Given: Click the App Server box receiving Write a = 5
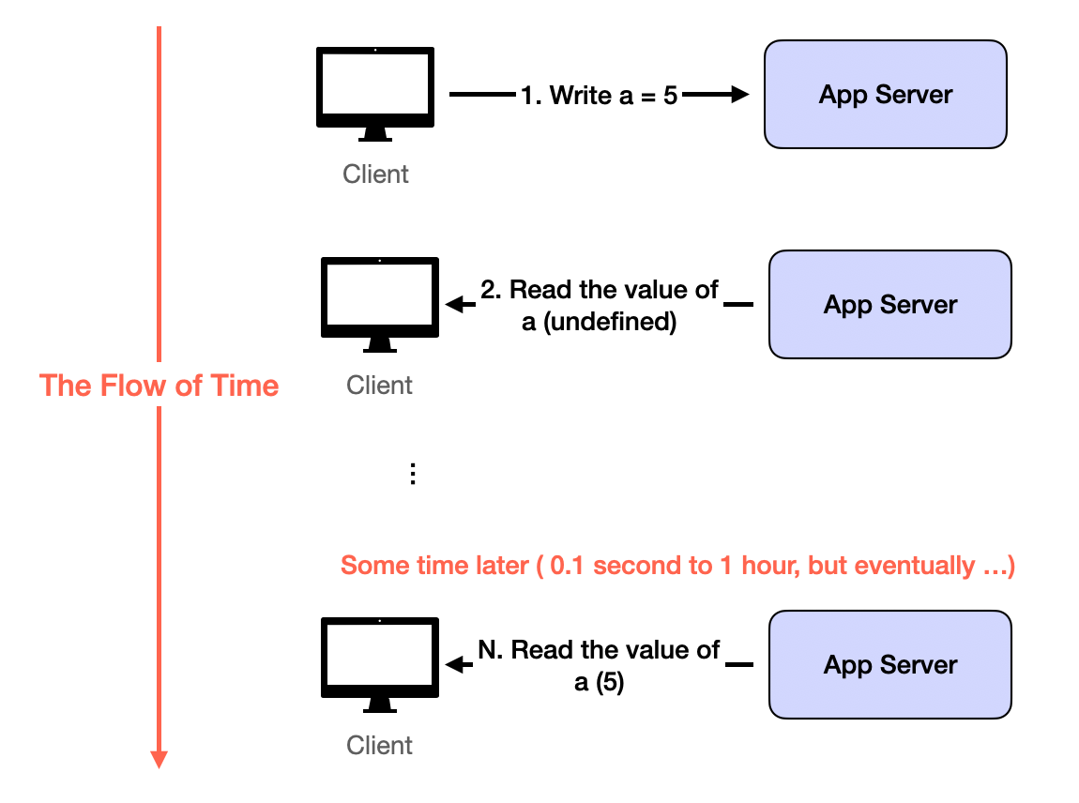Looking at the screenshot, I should tap(885, 94).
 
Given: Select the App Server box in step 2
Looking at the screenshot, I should tap(889, 304).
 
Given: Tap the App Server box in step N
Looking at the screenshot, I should tap(889, 664).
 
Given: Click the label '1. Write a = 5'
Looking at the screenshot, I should tap(600, 95).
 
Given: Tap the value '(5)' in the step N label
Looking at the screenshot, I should tap(610, 683).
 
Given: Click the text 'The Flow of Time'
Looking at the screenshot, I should tap(159, 386).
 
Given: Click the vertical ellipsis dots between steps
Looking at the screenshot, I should tap(412, 474).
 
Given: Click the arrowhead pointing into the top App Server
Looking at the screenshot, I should tap(740, 94).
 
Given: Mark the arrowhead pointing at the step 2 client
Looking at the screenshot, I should tap(455, 304).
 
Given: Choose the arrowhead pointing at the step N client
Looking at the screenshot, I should tap(455, 664).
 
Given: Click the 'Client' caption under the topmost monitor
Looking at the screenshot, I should tap(375, 174).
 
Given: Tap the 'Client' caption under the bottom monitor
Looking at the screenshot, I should tap(379, 745).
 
